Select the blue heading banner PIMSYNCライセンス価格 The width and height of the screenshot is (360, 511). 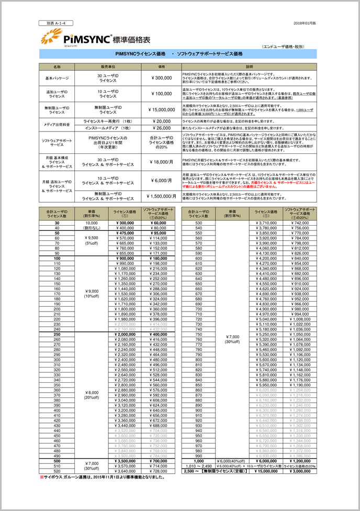[179, 54]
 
